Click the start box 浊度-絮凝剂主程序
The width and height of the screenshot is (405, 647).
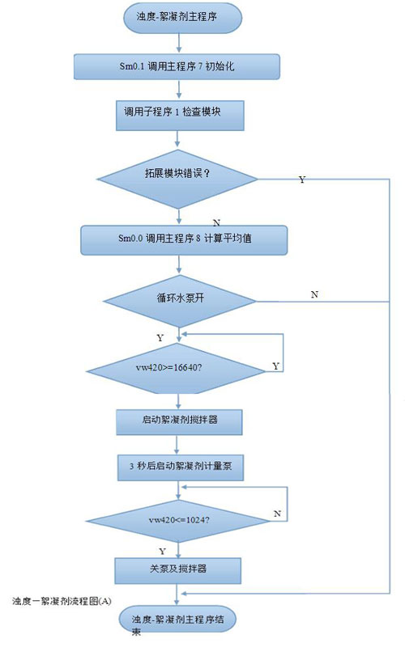point(182,18)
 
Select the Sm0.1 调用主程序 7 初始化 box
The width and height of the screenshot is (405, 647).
point(177,66)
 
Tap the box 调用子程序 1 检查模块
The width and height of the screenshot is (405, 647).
point(180,116)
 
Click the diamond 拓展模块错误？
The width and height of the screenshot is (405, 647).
point(177,179)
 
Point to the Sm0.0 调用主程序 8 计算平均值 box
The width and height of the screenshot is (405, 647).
point(184,240)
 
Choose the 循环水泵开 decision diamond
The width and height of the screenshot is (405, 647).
point(180,301)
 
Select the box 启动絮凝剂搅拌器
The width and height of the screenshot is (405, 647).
point(179,422)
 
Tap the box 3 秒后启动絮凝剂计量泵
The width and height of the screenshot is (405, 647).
point(181,467)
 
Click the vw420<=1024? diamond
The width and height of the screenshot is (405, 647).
point(178,521)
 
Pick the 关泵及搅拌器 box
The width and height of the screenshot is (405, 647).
point(177,571)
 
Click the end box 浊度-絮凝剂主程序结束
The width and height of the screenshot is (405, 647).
point(177,620)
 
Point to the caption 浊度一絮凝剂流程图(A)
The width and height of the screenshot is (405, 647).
point(62,601)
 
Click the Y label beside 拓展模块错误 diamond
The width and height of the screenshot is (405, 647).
point(302,180)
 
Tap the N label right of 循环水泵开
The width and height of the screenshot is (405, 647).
point(314,294)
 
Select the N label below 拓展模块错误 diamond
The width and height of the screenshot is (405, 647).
point(216,223)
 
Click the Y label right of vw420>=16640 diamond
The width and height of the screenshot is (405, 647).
point(275,366)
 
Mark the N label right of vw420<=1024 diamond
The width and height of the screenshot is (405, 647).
point(277,514)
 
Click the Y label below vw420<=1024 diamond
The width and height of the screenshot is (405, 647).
point(163,552)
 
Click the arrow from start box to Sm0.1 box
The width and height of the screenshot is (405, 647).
point(179,44)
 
